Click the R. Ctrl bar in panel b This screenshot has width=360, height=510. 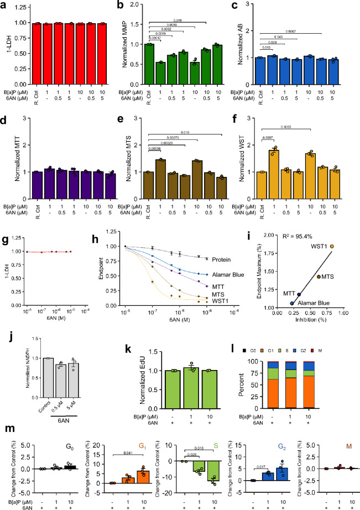tap(148, 62)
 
